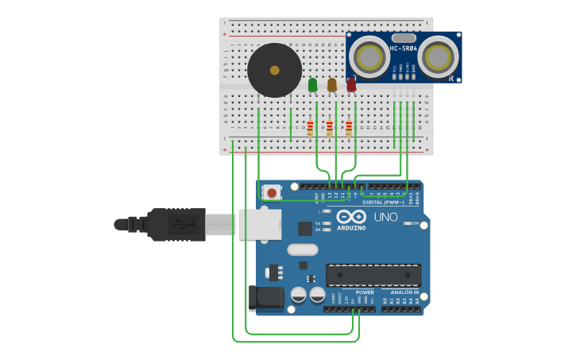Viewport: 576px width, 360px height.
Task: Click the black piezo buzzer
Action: click(274, 71)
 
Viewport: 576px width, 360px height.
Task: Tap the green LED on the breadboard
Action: click(312, 84)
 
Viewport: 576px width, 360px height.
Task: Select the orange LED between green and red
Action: click(332, 84)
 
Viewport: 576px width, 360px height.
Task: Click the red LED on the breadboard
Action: click(351, 84)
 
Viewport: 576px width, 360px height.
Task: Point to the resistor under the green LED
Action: click(310, 127)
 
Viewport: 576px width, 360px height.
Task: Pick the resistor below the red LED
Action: click(349, 127)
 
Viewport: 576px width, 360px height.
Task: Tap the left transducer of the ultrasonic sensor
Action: click(368, 56)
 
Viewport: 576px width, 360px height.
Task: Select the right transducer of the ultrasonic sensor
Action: click(439, 56)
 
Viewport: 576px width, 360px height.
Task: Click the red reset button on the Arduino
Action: click(272, 192)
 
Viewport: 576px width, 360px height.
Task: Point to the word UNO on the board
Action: click(385, 216)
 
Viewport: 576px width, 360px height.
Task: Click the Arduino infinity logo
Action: click(350, 216)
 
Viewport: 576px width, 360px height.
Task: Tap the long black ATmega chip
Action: click(373, 275)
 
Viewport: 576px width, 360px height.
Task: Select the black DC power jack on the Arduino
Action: click(266, 297)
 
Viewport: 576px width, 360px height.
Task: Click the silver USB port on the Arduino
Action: click(260, 224)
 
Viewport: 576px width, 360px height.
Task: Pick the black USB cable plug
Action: click(176, 224)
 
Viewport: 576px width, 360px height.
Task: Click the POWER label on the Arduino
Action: click(365, 292)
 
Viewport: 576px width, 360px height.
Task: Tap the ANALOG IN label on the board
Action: click(404, 292)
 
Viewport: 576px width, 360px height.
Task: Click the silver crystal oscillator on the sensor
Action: click(404, 37)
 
